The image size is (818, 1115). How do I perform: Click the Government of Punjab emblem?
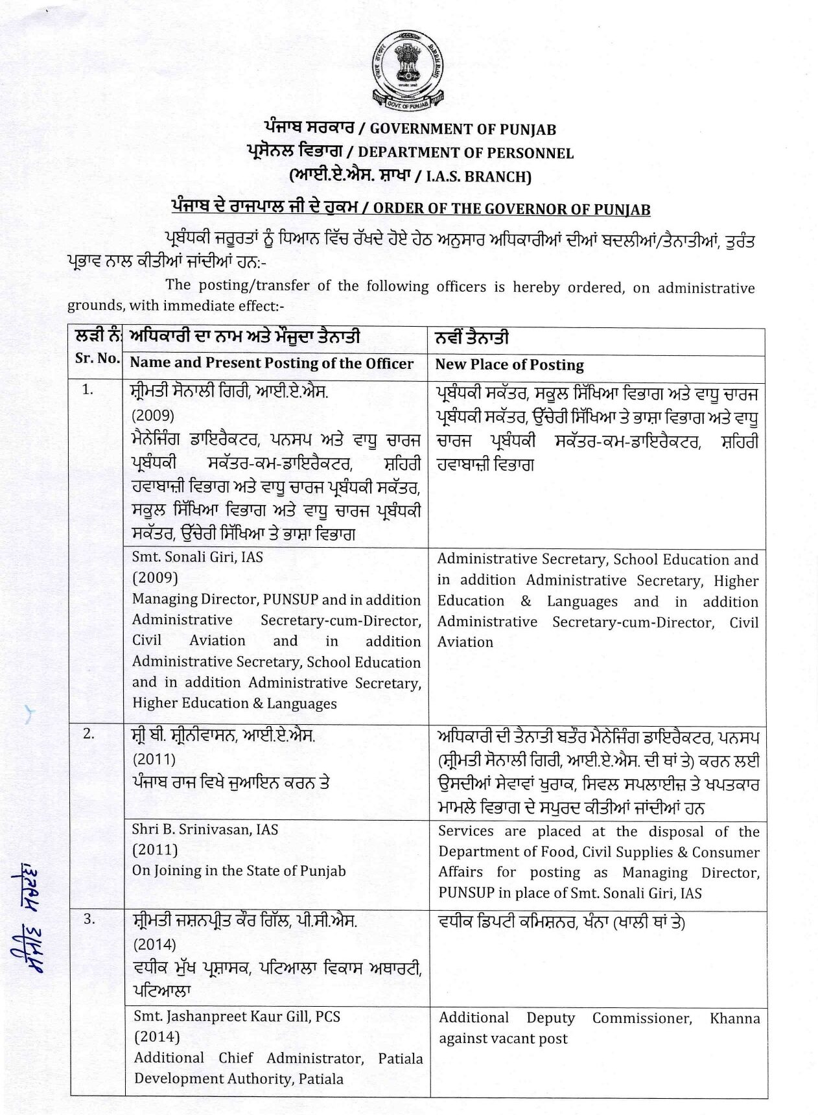pos(408,72)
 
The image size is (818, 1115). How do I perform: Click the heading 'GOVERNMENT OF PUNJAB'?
pos(463,129)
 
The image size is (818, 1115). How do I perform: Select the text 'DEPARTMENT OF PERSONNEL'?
pos(465,153)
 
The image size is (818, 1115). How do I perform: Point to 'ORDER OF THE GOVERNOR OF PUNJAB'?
pos(511,209)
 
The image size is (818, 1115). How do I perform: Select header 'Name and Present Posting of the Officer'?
pos(271,363)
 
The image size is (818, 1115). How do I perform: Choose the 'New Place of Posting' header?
pos(509,365)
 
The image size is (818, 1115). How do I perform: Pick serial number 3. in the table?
pos(89,919)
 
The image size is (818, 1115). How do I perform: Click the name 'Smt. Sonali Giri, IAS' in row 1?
pos(197,557)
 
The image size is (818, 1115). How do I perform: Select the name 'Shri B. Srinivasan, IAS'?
pos(205,829)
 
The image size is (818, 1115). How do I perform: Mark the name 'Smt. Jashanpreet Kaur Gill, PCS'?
pos(237,1016)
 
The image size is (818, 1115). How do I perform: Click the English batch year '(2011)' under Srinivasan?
pos(155,849)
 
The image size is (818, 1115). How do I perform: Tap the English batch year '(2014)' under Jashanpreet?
pos(156,1037)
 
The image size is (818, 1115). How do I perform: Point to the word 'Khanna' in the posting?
pos(734,1018)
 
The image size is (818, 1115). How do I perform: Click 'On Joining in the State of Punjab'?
pos(239,871)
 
